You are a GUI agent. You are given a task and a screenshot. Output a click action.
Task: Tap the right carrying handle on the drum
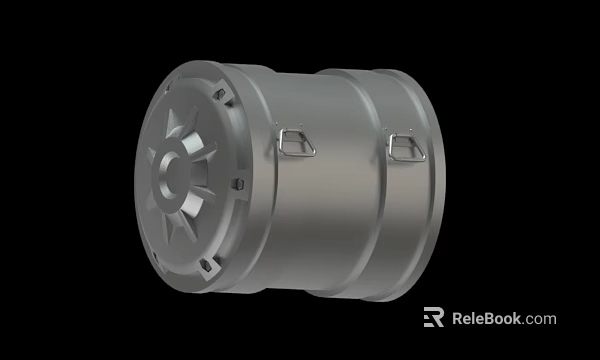pos(408,147)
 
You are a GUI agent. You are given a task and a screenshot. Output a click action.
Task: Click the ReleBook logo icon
pos(433,318)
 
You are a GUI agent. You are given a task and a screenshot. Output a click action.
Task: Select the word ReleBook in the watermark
pos(489,319)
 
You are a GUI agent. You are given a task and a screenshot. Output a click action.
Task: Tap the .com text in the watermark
pos(541,320)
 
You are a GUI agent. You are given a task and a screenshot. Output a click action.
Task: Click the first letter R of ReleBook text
pos(459,319)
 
